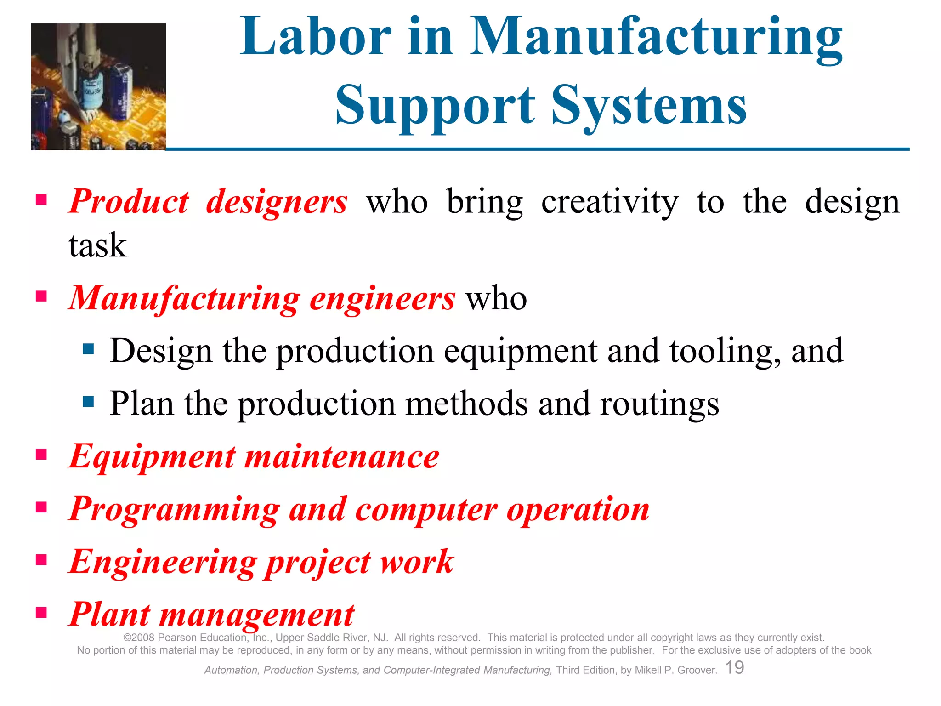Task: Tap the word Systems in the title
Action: (649, 106)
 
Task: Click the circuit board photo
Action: (98, 86)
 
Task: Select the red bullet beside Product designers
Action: (41, 199)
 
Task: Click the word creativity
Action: (609, 202)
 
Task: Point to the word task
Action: (97, 245)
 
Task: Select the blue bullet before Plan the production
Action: (88, 402)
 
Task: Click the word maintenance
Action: (342, 457)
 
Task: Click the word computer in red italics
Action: (426, 510)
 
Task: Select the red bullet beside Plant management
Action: (41, 612)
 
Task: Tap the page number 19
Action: (734, 667)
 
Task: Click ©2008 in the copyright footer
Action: (140, 638)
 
